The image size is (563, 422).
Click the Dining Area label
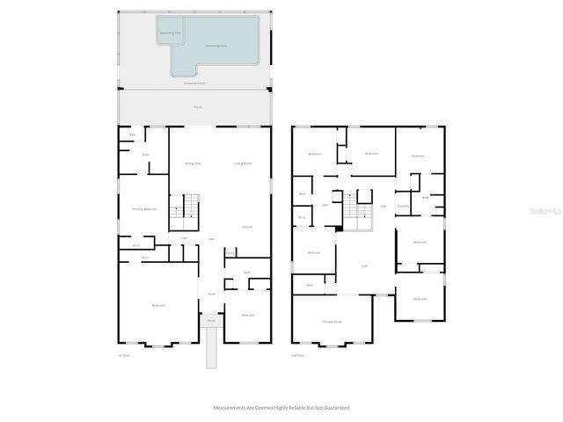[193, 164]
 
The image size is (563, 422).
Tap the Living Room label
[243, 164]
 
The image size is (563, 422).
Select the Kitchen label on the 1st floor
[247, 227]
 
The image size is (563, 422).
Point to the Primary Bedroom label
[144, 209]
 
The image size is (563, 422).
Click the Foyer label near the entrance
[211, 294]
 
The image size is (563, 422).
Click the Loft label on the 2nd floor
[364, 265]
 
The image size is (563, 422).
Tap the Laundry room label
[404, 207]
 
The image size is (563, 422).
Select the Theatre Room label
[333, 322]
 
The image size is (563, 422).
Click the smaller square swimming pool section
[171, 33]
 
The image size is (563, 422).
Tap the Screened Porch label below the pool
[196, 83]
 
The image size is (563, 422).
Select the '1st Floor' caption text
[124, 356]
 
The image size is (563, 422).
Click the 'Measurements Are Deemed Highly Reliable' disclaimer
[281, 408]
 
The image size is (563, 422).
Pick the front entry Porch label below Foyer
[211, 322]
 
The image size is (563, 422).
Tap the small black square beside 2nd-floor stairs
[339, 229]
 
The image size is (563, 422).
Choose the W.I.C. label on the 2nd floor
[302, 217]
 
